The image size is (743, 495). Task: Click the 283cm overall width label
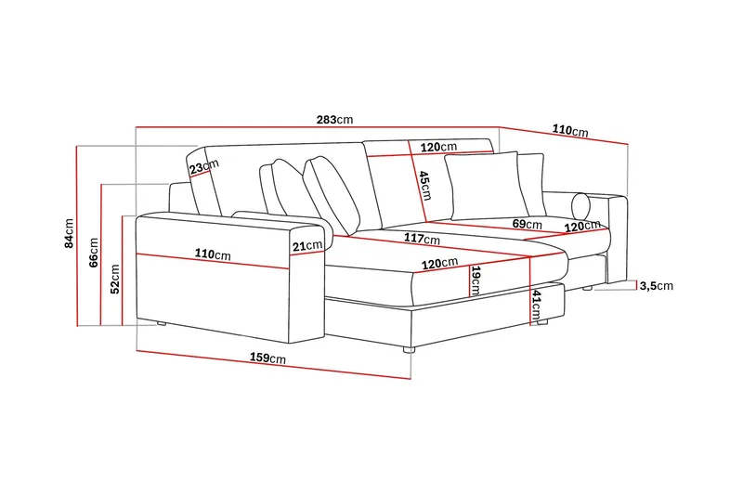pyautogui.click(x=334, y=120)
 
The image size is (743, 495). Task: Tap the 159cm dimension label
pyautogui.click(x=267, y=358)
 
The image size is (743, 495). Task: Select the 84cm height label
pyautogui.click(x=69, y=233)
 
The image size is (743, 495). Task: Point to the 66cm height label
pyautogui.click(x=94, y=253)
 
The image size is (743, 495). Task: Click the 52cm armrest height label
pyautogui.click(x=115, y=279)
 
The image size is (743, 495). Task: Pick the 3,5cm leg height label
pyautogui.click(x=657, y=286)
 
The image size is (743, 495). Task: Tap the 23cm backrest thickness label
pyautogui.click(x=204, y=167)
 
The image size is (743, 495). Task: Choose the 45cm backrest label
pyautogui.click(x=425, y=185)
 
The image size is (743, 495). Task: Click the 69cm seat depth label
pyautogui.click(x=528, y=224)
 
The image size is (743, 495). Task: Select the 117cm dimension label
pyautogui.click(x=422, y=239)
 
